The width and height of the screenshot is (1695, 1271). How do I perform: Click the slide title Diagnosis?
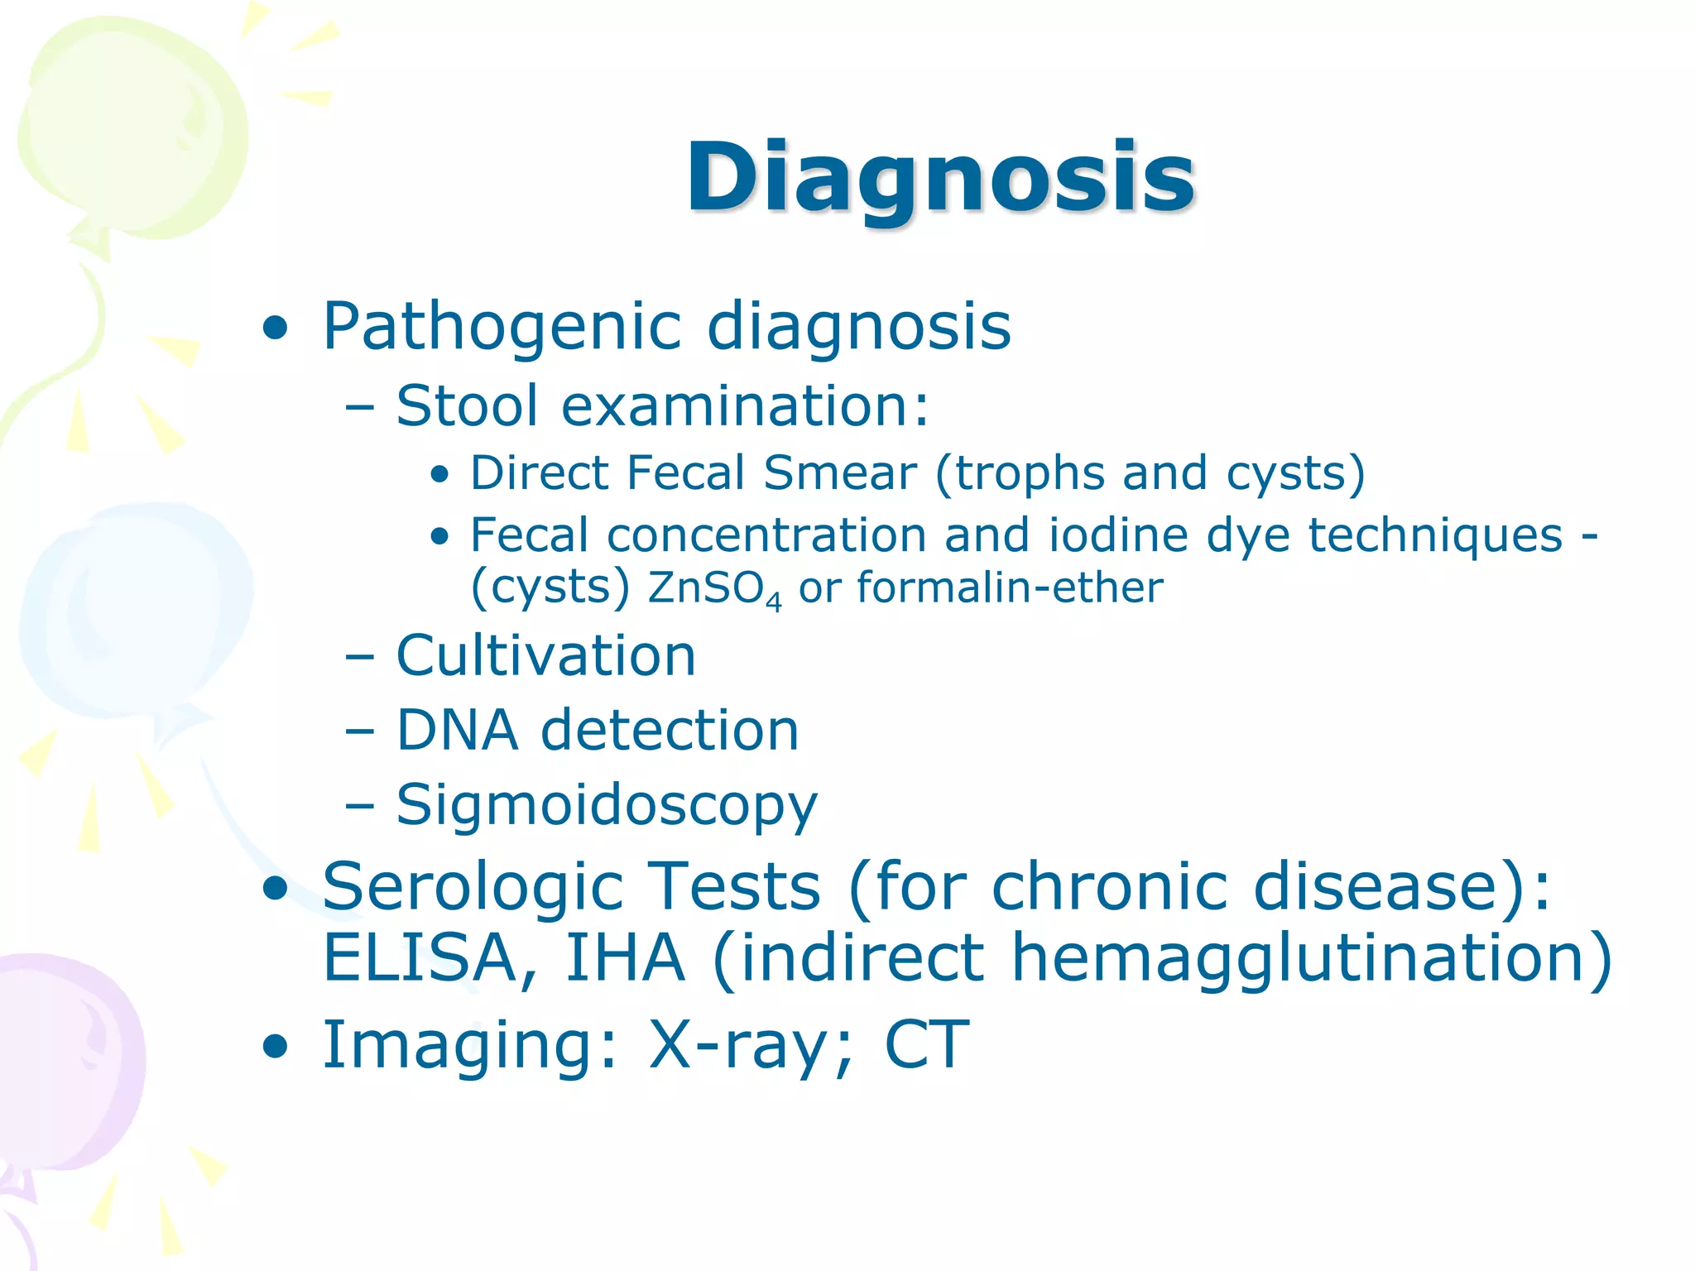pyautogui.click(x=940, y=177)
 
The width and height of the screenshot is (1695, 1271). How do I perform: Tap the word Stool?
pyautogui.click(x=468, y=405)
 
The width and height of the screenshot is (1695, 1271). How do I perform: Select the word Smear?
pyautogui.click(x=839, y=472)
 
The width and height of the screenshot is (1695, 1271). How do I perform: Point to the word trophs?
pyautogui.click(x=1027, y=474)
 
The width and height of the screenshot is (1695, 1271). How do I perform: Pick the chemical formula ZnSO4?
pyautogui.click(x=713, y=588)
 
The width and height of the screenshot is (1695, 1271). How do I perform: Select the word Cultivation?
pyautogui.click(x=546, y=655)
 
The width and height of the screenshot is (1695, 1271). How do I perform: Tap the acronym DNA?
pyautogui.click(x=457, y=730)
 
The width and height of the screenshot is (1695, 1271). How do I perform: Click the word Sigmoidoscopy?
pyautogui.click(x=607, y=805)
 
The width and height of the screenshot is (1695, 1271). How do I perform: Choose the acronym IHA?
pyautogui.click(x=625, y=958)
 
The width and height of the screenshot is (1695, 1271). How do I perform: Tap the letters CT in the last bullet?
pyautogui.click(x=926, y=1045)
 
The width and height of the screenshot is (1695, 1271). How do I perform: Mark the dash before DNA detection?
pyautogui.click(x=360, y=731)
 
